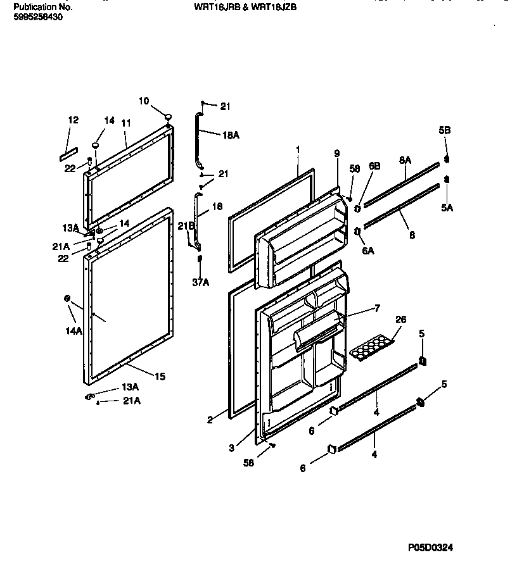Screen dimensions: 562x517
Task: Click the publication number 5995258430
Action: (x=37, y=17)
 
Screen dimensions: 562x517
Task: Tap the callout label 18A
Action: (x=231, y=135)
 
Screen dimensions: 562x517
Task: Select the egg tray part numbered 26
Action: (x=371, y=347)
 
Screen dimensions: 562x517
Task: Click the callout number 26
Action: (x=400, y=319)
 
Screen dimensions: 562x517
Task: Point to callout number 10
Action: (x=144, y=101)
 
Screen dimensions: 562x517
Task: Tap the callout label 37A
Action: (x=200, y=283)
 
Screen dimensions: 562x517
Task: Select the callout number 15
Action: (x=160, y=377)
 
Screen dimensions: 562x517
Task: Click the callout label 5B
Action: (x=445, y=130)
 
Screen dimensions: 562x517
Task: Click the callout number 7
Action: (x=376, y=308)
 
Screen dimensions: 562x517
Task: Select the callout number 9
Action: (x=336, y=153)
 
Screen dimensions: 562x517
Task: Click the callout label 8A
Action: (x=405, y=161)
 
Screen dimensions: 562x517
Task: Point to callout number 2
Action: (x=210, y=418)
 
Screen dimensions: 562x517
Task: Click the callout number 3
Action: (x=232, y=447)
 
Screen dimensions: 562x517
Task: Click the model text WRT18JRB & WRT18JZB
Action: (x=245, y=8)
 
